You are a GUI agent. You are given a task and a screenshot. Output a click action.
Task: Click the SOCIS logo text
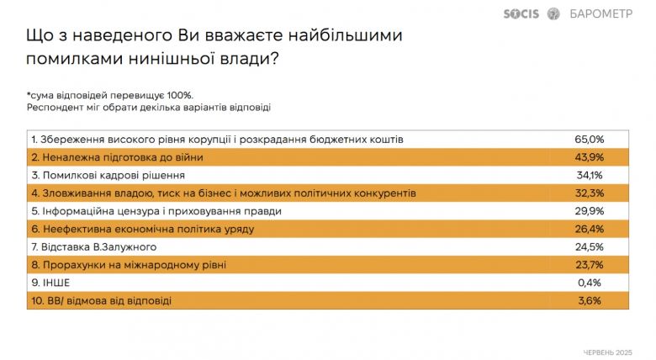pos(521,13)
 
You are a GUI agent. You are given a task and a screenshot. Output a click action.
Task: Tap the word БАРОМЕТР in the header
pos(600,13)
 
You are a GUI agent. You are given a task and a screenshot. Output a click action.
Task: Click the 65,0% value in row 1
pos(589,140)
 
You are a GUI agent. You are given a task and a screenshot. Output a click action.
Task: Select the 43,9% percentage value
pos(589,157)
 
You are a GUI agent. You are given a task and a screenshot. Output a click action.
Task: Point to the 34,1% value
pos(590,176)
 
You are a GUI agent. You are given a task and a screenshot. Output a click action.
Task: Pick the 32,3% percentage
pos(589,193)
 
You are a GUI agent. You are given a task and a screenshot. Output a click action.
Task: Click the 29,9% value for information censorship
pos(589,211)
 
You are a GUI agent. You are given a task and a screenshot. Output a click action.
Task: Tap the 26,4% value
pos(589,230)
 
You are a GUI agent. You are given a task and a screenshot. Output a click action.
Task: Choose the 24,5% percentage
pos(589,247)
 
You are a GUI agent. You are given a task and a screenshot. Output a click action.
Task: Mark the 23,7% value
pos(589,265)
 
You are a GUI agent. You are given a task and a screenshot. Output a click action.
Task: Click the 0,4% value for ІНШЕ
pos(590,283)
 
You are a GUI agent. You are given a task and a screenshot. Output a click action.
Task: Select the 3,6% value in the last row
pos(590,301)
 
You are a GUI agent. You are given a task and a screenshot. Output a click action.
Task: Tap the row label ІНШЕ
pos(56,283)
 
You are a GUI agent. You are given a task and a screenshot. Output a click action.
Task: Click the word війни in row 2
pos(189,157)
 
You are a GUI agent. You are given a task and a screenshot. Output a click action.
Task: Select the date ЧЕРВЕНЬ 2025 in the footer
pos(607,353)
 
